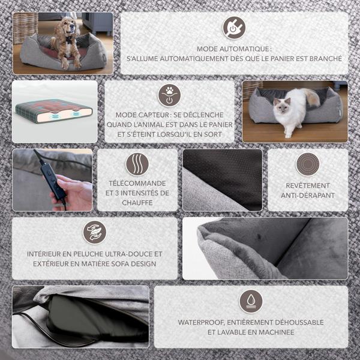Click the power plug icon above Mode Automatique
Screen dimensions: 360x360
tap(234, 28)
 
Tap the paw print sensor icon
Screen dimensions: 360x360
tap(169, 95)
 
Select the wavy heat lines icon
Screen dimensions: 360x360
tap(137, 164)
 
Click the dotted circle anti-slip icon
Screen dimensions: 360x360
tap(308, 164)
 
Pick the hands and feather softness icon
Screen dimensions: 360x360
tap(95, 232)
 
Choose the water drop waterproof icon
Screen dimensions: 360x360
tap(251, 301)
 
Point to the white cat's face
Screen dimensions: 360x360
tap(281, 104)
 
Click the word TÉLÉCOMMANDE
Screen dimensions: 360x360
tap(137, 183)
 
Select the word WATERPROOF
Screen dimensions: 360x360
tap(201, 322)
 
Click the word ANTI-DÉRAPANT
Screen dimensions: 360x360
tap(308, 196)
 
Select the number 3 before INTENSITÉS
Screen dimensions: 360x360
tap(117, 193)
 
